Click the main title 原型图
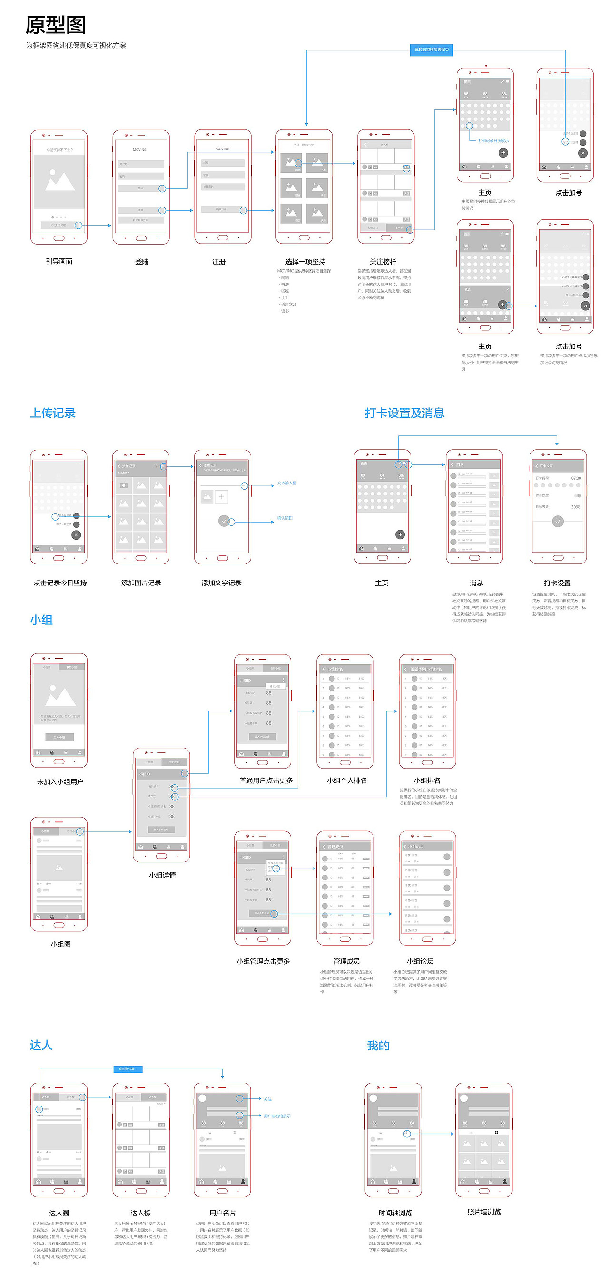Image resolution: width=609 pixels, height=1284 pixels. pyautogui.click(x=55, y=25)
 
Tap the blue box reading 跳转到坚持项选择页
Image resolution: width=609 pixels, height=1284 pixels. pyautogui.click(x=431, y=50)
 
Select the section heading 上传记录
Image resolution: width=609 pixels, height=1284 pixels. pyautogui.click(x=53, y=413)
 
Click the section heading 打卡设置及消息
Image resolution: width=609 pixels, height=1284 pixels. pyautogui.click(x=404, y=413)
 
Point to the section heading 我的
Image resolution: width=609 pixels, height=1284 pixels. pyautogui.click(x=378, y=1045)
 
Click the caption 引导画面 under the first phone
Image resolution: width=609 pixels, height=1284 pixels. pyautogui.click(x=59, y=261)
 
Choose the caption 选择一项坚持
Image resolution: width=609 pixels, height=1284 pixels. pyautogui.click(x=305, y=262)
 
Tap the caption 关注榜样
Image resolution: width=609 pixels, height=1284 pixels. pyautogui.click(x=383, y=262)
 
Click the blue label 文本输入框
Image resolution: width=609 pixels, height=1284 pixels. pyautogui.click(x=286, y=483)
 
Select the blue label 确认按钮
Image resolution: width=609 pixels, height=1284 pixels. pyautogui.click(x=285, y=518)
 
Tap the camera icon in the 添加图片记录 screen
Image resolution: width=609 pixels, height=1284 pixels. pyautogui.click(x=124, y=485)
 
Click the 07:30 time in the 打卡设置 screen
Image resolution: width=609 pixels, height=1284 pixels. pyautogui.click(x=576, y=478)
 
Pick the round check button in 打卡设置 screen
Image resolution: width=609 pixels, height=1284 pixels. pyautogui.click(x=558, y=522)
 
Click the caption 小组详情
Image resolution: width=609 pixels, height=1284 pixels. pyautogui.click(x=162, y=875)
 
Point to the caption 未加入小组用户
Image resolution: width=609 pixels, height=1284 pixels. pyautogui.click(x=60, y=781)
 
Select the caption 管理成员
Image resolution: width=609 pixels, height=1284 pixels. pyautogui.click(x=346, y=961)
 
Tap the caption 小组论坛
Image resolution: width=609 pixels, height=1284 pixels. pyautogui.click(x=420, y=961)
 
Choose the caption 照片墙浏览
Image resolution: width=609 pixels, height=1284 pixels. pyautogui.click(x=484, y=1212)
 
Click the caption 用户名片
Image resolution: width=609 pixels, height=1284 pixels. pyautogui.click(x=223, y=1213)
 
